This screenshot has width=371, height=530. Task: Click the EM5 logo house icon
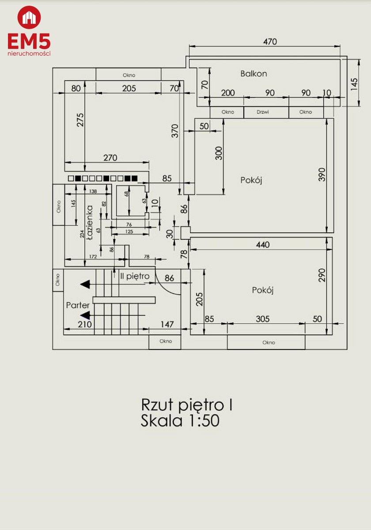point(29,18)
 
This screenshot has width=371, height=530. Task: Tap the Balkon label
point(254,74)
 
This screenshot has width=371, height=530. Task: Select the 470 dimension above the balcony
point(270,42)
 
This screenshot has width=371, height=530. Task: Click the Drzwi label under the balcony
point(263,112)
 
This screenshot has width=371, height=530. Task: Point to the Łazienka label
point(90,223)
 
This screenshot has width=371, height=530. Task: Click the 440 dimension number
point(263,245)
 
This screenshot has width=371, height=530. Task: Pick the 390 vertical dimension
point(322,174)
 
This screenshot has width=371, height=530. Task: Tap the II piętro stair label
point(135,276)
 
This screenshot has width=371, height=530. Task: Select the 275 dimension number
point(80,120)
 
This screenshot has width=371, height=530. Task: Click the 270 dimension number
point(110,158)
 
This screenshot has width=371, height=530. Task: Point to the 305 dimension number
point(263,319)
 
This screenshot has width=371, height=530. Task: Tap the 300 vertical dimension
point(219,153)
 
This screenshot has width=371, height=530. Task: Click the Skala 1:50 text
point(180,420)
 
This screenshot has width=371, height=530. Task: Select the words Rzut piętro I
point(187,405)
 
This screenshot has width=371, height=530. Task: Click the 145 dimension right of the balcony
point(354,84)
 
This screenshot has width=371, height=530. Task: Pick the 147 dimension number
point(167,324)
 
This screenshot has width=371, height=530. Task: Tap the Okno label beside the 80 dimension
point(129,75)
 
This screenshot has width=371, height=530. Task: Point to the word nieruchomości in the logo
point(29,53)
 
